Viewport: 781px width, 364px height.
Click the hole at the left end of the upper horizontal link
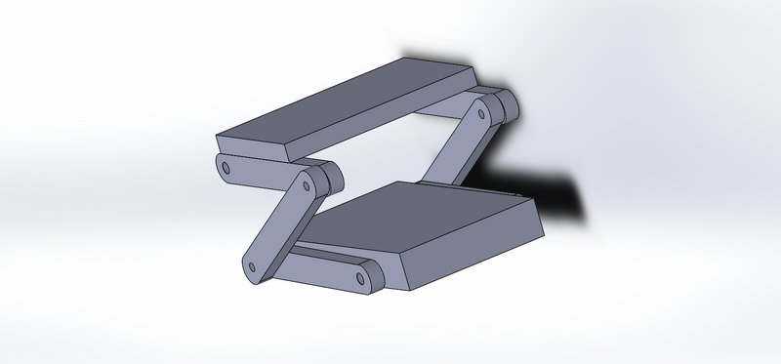tap(226, 168)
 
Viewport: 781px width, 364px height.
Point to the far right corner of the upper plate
tap(474, 70)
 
